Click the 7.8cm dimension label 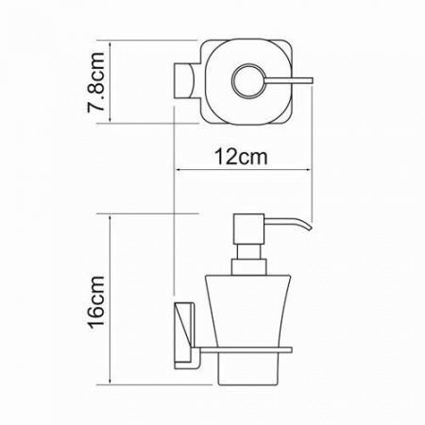coord(95,82)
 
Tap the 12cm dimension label coord(241,157)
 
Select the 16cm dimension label coord(95,302)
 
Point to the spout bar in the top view coord(289,80)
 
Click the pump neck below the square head coord(249,251)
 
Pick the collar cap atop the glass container coord(249,267)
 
